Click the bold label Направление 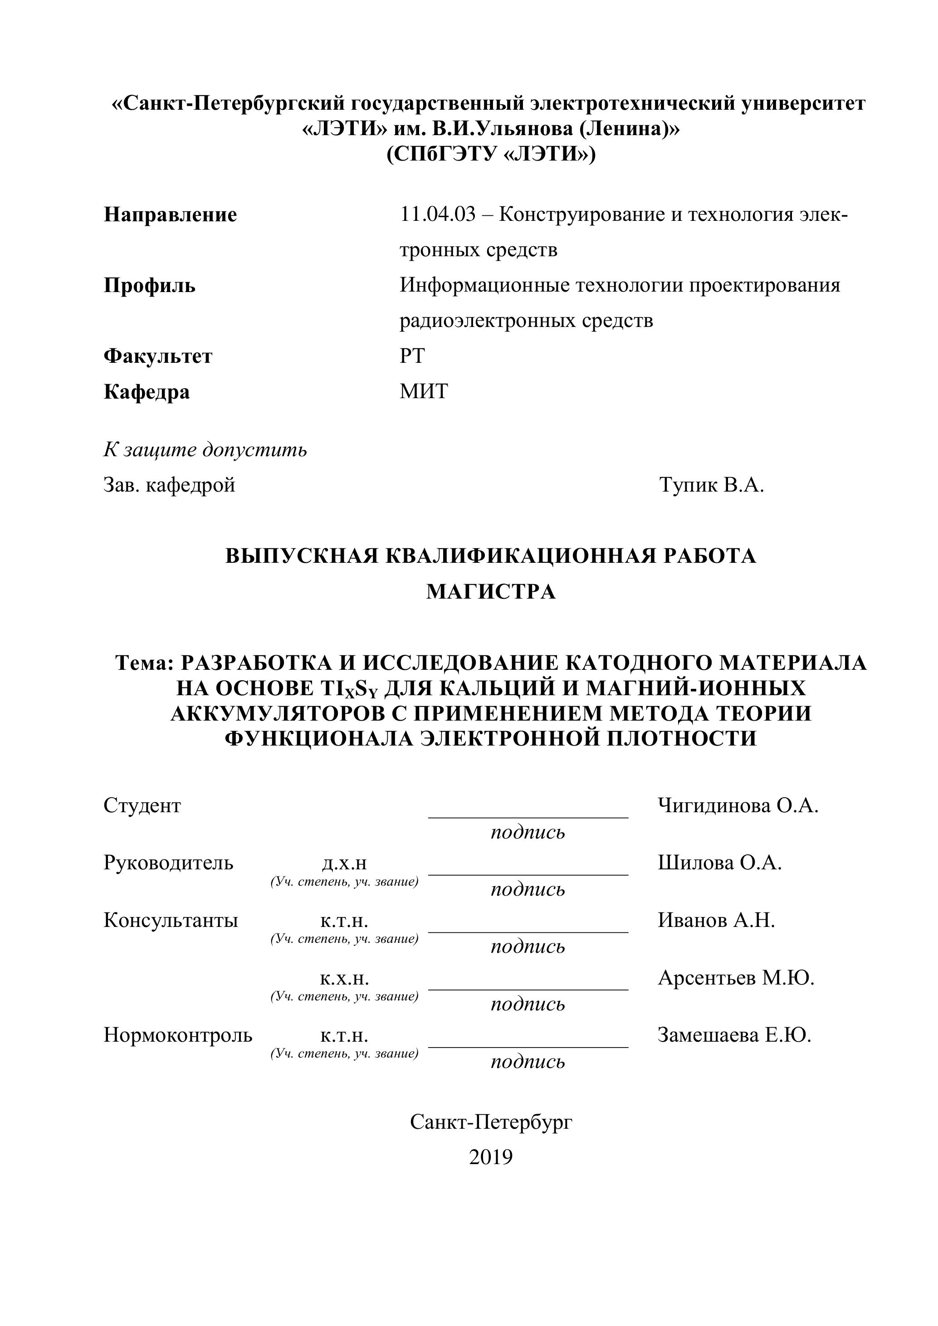[171, 215]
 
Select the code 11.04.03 [437, 215]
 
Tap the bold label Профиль [150, 286]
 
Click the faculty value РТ [412, 356]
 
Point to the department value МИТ [423, 391]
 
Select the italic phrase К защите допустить [205, 449]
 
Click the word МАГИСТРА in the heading [491, 592]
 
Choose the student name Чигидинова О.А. [738, 806]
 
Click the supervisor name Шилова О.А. [719, 863]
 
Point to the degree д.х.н [344, 863]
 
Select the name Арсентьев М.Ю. [736, 978]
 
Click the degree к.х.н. [344, 978]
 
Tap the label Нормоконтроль [178, 1035]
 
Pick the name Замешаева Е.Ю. [734, 1035]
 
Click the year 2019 [491, 1157]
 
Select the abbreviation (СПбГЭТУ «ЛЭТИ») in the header [491, 154]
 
